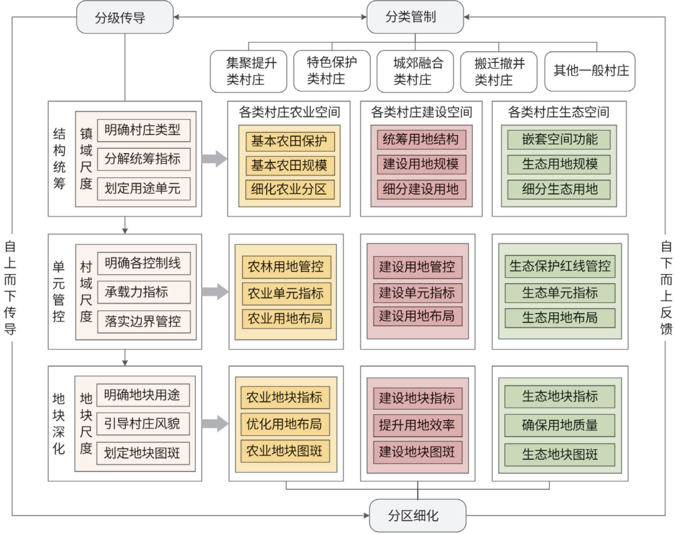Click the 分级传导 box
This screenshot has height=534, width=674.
125,17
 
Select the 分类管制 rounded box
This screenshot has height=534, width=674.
415,17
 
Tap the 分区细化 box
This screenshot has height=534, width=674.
418,515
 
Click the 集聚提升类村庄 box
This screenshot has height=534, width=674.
248,71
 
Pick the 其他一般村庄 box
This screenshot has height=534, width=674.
590,71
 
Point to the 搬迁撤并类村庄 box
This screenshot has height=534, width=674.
499,71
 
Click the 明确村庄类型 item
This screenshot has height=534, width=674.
144,130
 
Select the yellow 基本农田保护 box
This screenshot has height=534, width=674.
290,141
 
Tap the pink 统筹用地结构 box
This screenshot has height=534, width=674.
421,139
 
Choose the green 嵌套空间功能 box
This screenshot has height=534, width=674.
559,139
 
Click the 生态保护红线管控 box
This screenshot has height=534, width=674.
560,266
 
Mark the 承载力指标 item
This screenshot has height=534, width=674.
144,292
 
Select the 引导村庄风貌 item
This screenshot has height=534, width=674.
143,424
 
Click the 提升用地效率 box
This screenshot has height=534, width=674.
418,425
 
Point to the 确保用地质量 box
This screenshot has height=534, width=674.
560,425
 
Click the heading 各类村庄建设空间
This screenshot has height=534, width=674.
421,112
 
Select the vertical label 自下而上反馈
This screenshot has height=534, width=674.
666,287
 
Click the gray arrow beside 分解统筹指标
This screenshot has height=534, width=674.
215,159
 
